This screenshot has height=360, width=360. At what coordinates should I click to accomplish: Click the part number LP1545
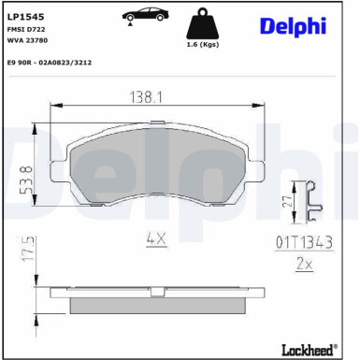(x=26, y=16)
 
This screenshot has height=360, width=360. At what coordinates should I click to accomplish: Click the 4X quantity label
(x=154, y=239)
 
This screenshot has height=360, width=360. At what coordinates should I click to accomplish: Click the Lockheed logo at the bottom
(x=309, y=350)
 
